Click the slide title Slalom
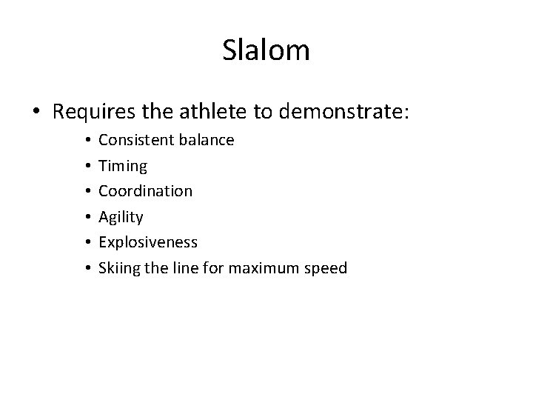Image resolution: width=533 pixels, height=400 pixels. click(266, 50)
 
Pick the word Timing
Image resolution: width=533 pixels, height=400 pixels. click(123, 165)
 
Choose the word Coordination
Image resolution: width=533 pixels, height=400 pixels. click(146, 191)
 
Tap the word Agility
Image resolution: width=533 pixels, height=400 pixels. click(121, 217)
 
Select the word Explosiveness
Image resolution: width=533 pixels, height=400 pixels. click(148, 242)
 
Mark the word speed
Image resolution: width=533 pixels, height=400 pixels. click(327, 269)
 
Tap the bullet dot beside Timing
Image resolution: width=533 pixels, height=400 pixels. click(87, 165)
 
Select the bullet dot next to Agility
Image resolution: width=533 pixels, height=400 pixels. click(87, 217)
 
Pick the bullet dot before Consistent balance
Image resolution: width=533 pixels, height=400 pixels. click(87, 139)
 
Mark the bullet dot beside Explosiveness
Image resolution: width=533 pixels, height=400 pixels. click(87, 242)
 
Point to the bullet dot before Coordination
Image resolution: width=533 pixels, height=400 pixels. click(87, 191)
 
